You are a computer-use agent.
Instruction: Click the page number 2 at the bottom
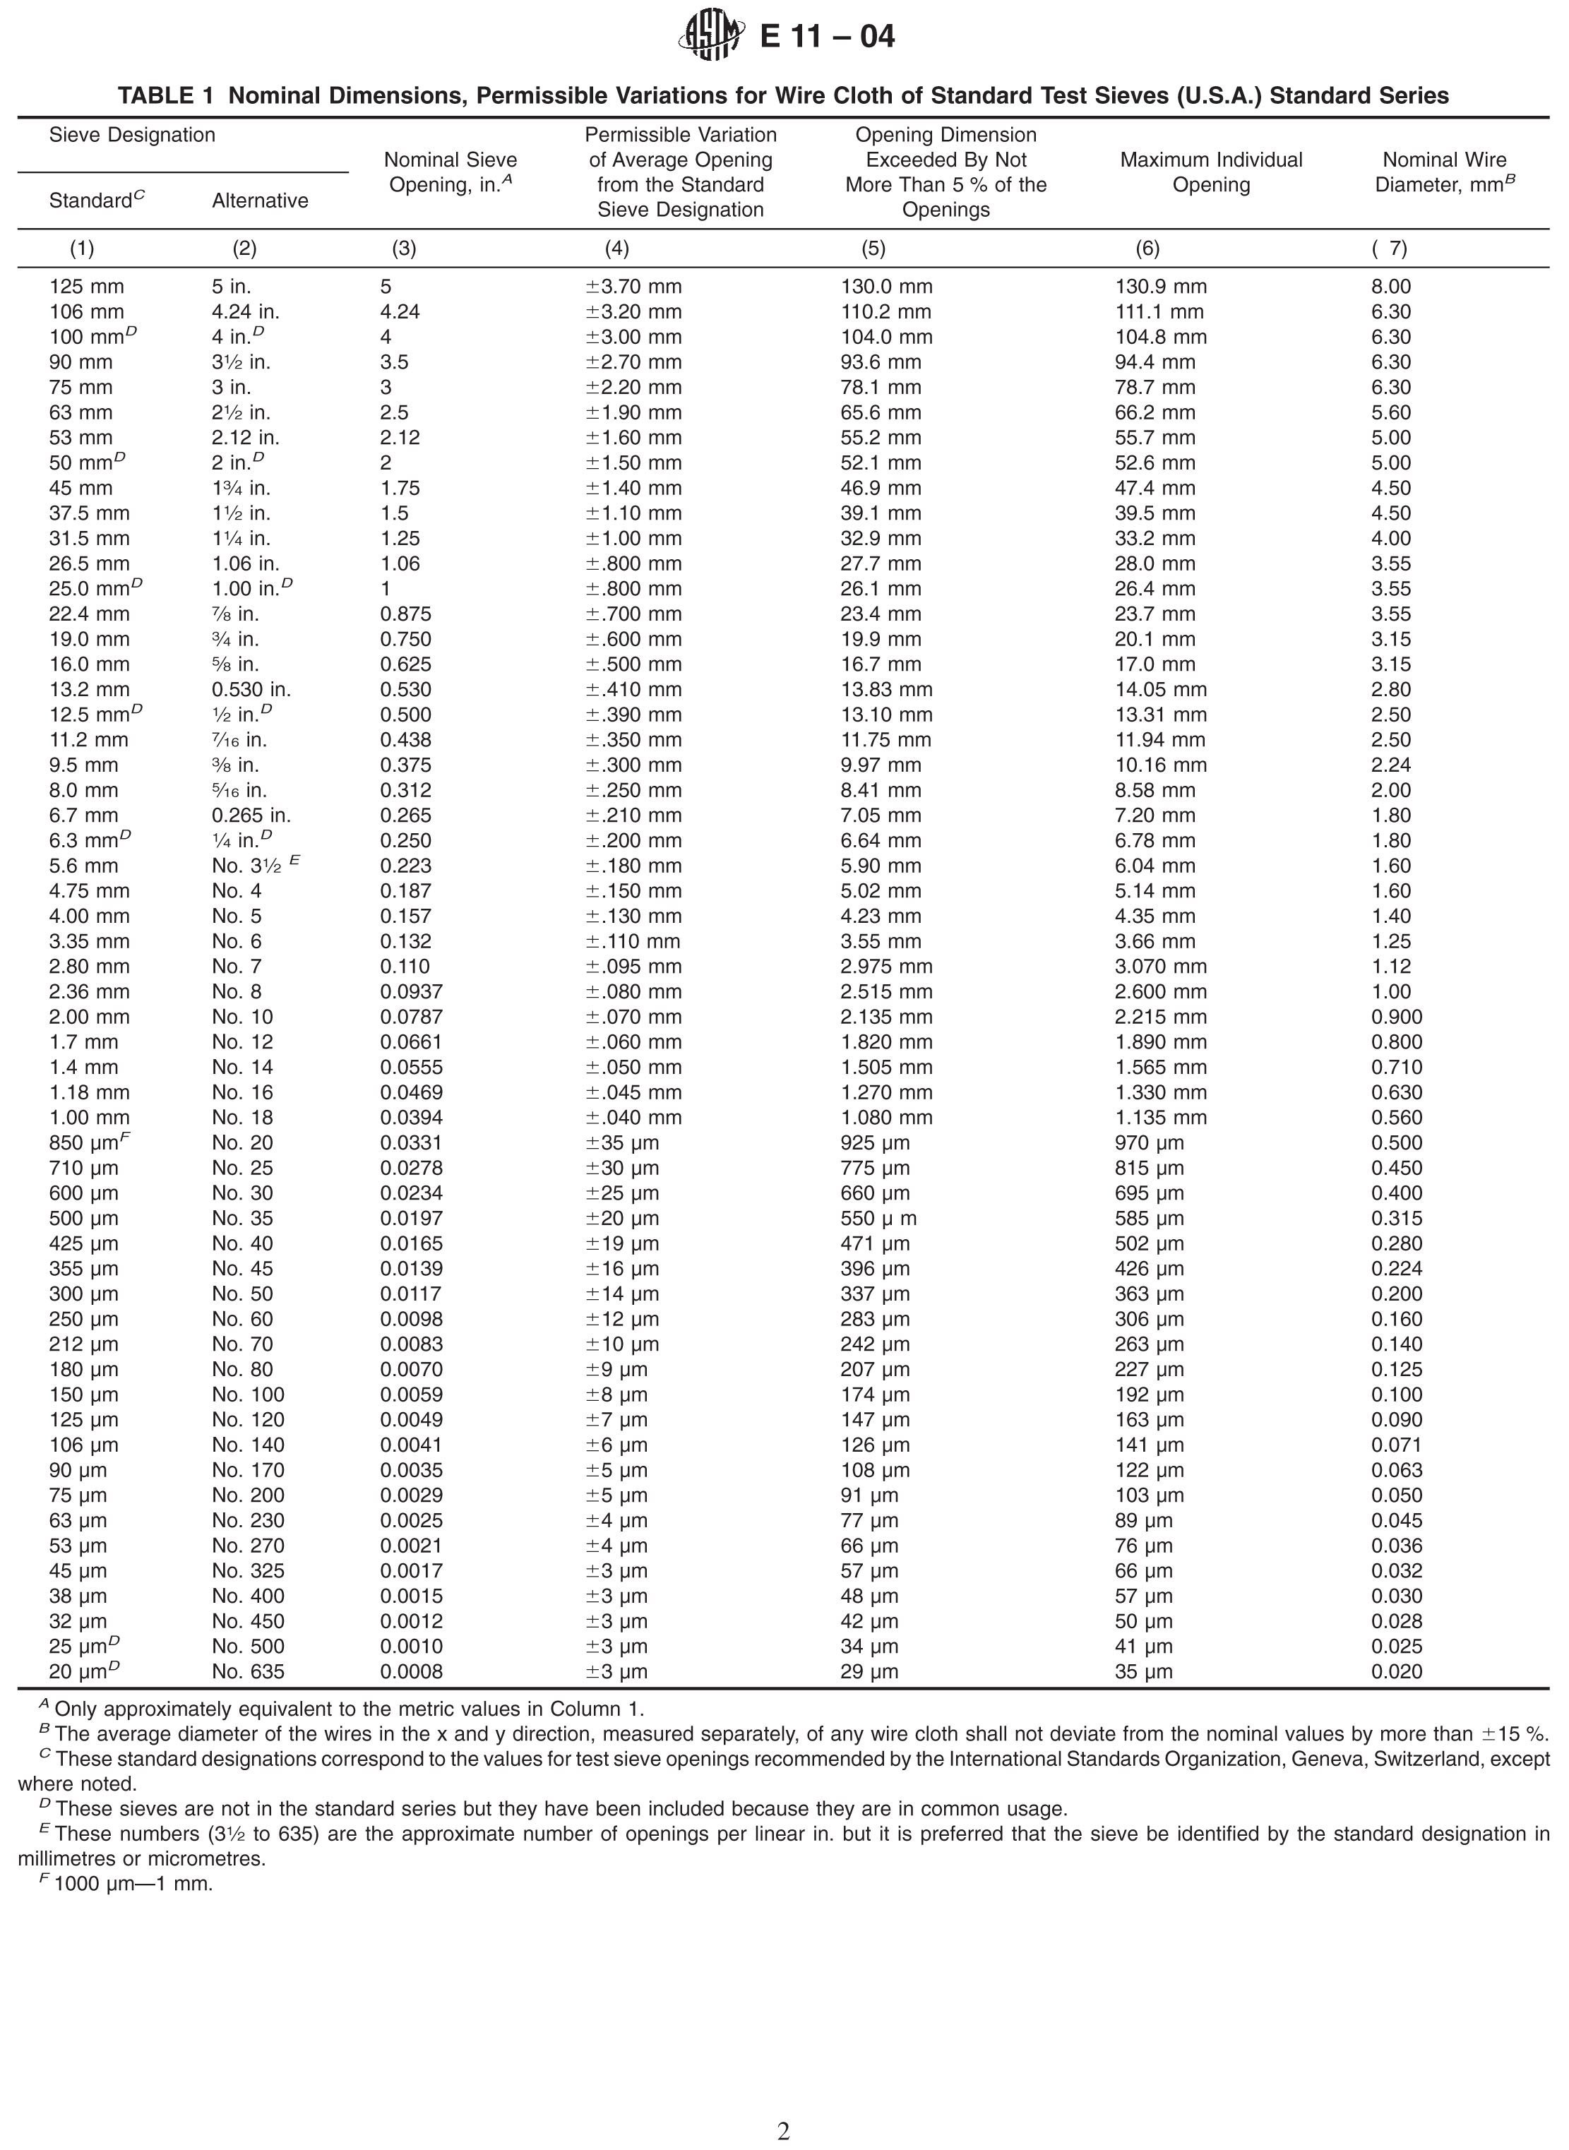pos(784,2132)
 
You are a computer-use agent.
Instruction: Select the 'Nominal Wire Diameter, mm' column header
pos(1443,172)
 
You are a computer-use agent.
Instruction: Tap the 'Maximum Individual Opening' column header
pos(1211,172)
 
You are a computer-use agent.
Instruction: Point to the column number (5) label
pos(873,249)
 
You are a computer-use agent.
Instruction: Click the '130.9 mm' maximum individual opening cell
pos(1161,287)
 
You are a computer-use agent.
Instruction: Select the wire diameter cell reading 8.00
pos(1390,287)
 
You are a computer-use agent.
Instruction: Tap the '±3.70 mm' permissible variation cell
pos(633,287)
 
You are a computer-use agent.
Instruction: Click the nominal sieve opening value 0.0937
pos(411,991)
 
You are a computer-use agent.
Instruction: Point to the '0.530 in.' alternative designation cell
pos(251,689)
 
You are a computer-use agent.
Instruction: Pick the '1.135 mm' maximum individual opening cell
pos(1161,1118)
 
